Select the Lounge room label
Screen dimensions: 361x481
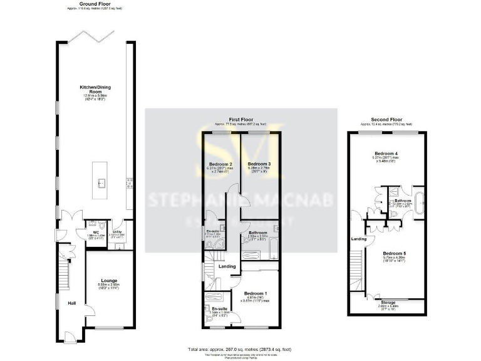[107, 280]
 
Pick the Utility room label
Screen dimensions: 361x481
[117, 231]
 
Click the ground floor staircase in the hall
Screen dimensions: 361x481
[63, 269]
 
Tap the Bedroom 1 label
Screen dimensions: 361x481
[256, 293]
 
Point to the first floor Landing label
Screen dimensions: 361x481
[226, 267]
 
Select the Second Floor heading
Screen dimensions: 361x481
[387, 119]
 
